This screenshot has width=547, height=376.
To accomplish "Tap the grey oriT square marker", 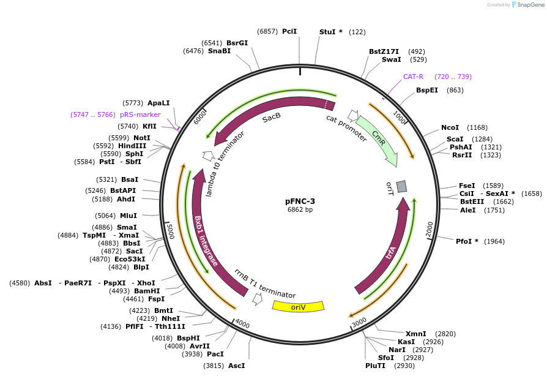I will pyautogui.click(x=401, y=186).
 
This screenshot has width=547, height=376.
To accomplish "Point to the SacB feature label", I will pyautogui.click(x=272, y=117).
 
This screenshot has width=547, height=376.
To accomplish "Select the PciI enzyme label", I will pyautogui.click(x=289, y=31).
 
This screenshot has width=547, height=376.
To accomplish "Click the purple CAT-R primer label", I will pyautogui.click(x=413, y=77).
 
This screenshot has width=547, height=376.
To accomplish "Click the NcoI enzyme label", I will pyautogui.click(x=450, y=127).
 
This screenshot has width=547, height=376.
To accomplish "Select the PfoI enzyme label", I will pyautogui.click(x=467, y=241).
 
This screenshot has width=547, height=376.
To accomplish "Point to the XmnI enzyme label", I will pyautogui.click(x=415, y=334).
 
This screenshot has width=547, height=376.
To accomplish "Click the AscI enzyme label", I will pyautogui.click(x=237, y=366).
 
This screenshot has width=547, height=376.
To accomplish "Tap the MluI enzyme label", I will pyautogui.click(x=128, y=216).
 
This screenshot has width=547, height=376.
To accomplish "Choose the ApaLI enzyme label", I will pyautogui.click(x=158, y=103).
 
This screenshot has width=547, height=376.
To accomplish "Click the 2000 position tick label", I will pyautogui.click(x=430, y=229).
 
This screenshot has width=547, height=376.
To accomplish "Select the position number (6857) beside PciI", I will pyautogui.click(x=267, y=31).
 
